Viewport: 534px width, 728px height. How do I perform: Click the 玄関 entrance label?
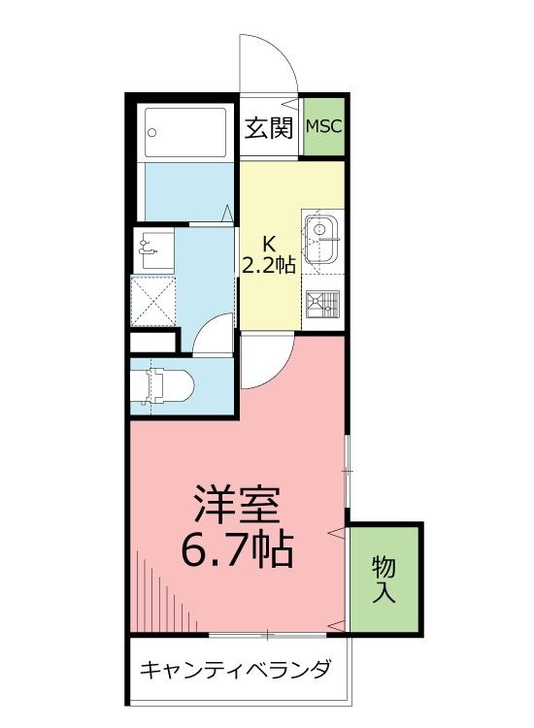pos(269,127)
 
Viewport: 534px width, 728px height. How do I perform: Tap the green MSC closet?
pos(324,126)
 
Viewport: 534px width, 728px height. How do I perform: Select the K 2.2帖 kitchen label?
pos(269,254)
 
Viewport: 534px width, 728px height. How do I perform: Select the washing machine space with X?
pos(152,300)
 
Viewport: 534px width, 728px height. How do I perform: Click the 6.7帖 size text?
pos(237,551)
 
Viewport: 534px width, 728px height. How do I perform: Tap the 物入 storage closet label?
pos(384,579)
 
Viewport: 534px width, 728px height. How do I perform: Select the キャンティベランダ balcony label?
pos(236,670)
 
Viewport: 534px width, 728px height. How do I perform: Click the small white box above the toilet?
pos(153,342)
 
